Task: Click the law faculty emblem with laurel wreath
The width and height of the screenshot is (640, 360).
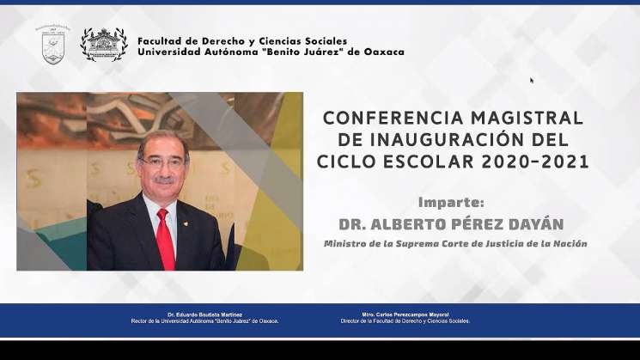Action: (x=104, y=44)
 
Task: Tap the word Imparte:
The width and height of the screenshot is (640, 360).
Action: (x=451, y=203)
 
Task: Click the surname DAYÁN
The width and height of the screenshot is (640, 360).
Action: (x=533, y=224)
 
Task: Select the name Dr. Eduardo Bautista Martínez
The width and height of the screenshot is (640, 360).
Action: (x=204, y=315)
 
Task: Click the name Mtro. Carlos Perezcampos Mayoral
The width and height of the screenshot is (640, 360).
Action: (x=405, y=315)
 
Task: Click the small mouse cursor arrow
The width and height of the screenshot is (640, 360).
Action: (x=532, y=80)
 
